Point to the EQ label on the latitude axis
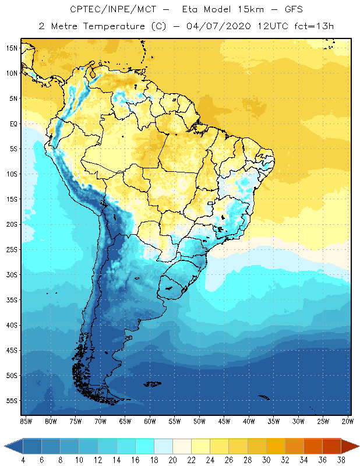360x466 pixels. click(x=13, y=123)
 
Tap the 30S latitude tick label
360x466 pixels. click(x=12, y=274)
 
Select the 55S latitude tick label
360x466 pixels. click(x=12, y=401)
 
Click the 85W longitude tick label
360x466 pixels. click(x=26, y=421)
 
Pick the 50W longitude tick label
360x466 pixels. click(x=200, y=421)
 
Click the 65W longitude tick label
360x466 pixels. click(x=125, y=421)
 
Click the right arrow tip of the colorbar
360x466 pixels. click(x=357, y=446)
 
